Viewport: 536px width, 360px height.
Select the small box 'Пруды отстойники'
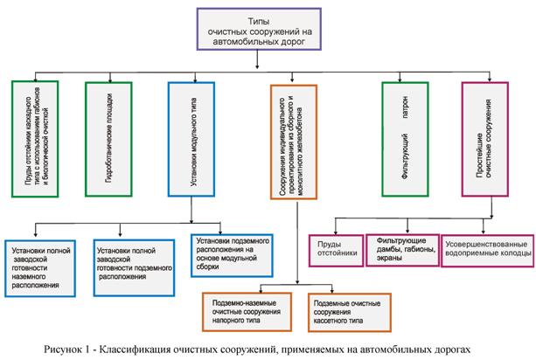(x=333, y=247)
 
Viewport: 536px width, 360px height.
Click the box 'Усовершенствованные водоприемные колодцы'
(x=486, y=247)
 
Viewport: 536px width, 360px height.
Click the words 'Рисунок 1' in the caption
(x=75, y=348)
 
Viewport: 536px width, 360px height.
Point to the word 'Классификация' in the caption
(x=149, y=348)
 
